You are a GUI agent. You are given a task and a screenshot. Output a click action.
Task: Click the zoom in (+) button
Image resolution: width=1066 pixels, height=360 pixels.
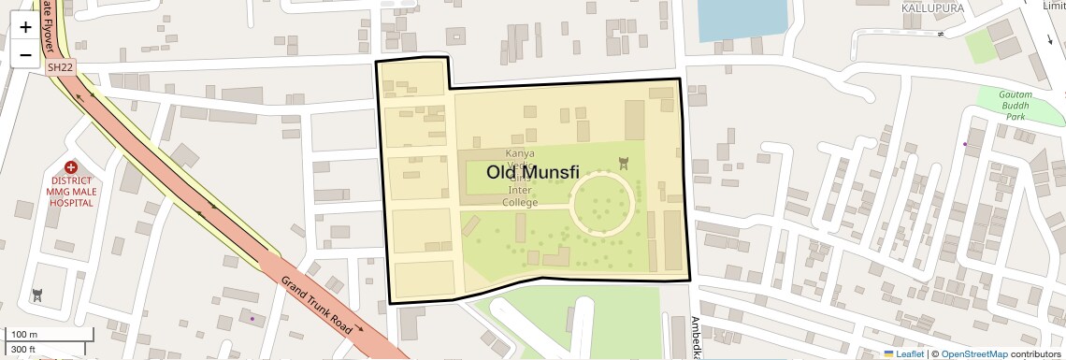25,27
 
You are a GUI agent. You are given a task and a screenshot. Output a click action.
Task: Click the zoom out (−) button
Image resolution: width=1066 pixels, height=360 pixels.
25,54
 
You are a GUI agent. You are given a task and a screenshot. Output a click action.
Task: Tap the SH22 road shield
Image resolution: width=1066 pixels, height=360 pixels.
61,67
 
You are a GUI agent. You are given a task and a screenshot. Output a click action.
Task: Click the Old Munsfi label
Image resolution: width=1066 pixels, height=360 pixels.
533,172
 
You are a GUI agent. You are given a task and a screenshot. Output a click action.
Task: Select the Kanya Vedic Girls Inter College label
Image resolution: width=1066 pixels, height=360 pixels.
520,178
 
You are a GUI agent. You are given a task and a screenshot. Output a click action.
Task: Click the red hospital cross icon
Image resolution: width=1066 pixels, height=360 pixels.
71,166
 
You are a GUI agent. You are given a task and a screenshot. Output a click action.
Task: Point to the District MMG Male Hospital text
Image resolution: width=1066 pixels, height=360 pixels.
72,191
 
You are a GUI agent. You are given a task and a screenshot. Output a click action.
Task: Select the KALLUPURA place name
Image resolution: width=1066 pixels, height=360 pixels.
932,7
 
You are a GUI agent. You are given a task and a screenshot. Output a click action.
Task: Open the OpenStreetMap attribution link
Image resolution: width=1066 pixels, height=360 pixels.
973,353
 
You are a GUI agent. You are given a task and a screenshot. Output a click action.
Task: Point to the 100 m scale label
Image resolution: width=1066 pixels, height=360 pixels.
24,335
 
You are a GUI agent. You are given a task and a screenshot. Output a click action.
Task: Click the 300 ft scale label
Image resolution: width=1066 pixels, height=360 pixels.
24,350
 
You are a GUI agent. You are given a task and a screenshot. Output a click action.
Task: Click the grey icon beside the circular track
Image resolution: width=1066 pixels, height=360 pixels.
625,164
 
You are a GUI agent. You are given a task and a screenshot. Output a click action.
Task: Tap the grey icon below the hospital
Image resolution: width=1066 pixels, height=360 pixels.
37,295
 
